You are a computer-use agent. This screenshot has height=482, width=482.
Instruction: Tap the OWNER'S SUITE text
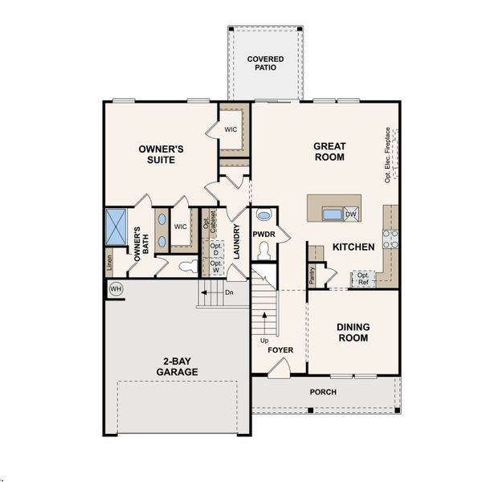coord(161,154)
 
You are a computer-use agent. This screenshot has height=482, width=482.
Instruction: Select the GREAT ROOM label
coord(329,151)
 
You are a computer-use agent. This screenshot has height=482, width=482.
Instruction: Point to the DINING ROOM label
coord(353,333)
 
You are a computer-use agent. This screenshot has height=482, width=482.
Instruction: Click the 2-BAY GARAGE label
coord(178,366)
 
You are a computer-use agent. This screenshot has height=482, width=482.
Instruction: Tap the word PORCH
coord(324,392)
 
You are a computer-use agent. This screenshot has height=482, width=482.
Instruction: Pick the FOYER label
coord(280,350)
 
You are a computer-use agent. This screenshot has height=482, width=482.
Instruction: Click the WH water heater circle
coord(116,288)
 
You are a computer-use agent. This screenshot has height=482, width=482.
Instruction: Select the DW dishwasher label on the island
coord(350,214)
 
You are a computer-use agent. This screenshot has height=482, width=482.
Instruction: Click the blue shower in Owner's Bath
coord(117,226)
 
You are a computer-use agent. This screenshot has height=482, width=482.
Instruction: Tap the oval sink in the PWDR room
coord(263,217)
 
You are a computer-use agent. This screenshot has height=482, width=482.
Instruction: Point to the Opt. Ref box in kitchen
coord(363,279)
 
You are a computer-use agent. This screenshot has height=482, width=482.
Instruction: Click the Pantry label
coord(312,274)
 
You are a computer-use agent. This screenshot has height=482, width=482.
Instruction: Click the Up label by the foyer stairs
coord(263,341)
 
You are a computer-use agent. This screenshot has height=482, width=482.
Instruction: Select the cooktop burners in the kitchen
coord(390,239)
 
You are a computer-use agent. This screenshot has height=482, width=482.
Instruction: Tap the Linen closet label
coord(109,261)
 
